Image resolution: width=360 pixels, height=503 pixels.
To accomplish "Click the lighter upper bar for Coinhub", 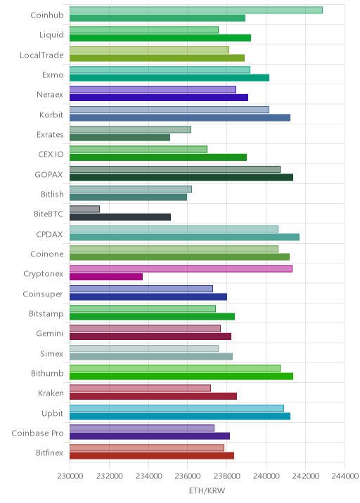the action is pyautogui.click(x=196, y=10).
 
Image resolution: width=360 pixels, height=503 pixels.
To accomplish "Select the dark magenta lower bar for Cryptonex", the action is pyautogui.click(x=106, y=277).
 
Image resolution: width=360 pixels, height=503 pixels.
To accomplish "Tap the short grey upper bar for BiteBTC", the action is pyautogui.click(x=84, y=209).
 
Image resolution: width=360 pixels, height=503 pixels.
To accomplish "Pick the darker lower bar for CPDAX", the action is pyautogui.click(x=184, y=237).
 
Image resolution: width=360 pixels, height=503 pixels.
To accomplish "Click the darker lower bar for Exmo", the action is pyautogui.click(x=169, y=78).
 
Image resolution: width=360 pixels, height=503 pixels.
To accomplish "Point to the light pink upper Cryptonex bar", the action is pyautogui.click(x=181, y=268).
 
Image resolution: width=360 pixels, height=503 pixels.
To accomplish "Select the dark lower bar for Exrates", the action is pyautogui.click(x=120, y=137).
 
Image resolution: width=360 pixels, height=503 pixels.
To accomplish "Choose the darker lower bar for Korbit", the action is pyautogui.click(x=180, y=117).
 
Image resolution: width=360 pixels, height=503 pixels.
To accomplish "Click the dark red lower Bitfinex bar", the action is pyautogui.click(x=152, y=455).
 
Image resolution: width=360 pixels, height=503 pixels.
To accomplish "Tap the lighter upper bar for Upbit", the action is pyautogui.click(x=176, y=408).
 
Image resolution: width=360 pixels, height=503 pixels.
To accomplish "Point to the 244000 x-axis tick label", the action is pyautogui.click(x=345, y=476).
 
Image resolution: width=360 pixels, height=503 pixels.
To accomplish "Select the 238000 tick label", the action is pyautogui.click(x=226, y=476).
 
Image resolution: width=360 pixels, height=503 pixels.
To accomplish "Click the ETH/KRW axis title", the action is pyautogui.click(x=207, y=490).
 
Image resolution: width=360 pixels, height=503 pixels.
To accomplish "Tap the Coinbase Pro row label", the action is pyautogui.click(x=37, y=433).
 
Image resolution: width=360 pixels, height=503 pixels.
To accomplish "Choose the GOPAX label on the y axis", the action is pyautogui.click(x=49, y=174).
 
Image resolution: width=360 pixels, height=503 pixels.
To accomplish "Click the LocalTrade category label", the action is pyautogui.click(x=41, y=55).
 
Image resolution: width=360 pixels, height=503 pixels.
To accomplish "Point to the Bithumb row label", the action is pyautogui.click(x=47, y=373).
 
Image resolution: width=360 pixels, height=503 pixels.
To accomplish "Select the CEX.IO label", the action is pyautogui.click(x=51, y=154).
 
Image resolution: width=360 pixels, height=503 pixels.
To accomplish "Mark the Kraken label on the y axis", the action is pyautogui.click(x=51, y=393).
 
